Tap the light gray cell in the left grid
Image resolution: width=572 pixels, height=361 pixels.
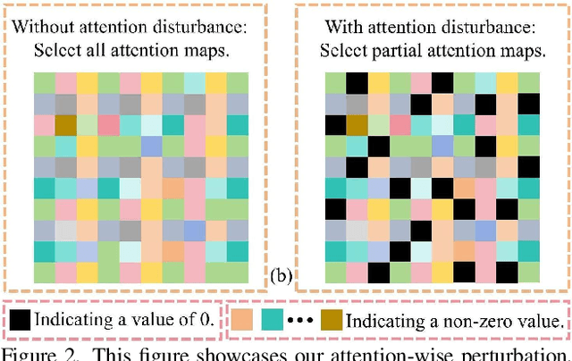tap(65, 230)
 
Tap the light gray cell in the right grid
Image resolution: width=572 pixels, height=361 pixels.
tap(357, 230)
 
